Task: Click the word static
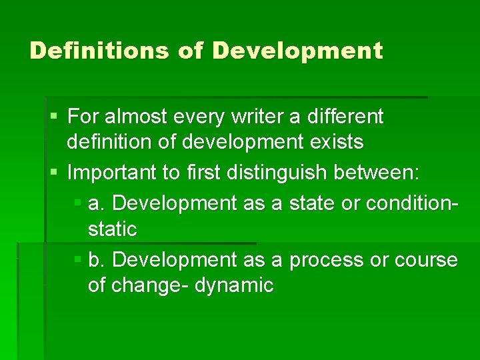coord(112,229)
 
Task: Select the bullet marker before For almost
coord(53,117)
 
